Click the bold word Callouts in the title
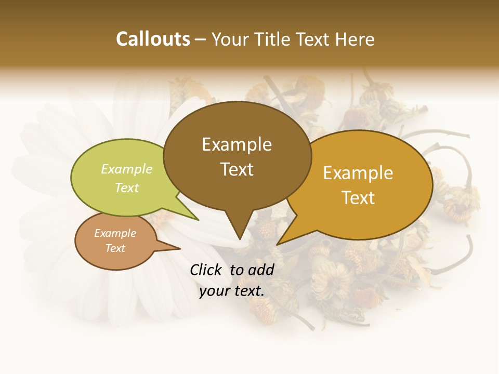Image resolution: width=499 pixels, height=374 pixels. coord(153,39)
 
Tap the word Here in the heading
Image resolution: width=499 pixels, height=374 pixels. coord(354,39)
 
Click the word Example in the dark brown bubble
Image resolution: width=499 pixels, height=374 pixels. coord(237,144)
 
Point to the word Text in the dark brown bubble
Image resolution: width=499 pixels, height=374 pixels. coord(237,169)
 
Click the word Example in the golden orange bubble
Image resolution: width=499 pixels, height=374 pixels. coord(358,173)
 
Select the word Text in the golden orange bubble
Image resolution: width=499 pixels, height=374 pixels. coord(358,198)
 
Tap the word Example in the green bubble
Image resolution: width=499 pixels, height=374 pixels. coord(126,169)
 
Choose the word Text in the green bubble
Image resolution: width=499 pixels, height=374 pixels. coord(126,188)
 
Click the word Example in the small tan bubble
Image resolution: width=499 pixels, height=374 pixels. coord(115,233)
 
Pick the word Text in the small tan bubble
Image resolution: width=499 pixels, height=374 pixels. coord(115,248)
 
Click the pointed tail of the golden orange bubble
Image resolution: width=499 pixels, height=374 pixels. coord(279,243)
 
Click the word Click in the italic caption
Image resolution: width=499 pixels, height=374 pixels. coord(206,270)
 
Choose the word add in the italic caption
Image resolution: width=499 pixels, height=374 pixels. coord(261,270)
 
